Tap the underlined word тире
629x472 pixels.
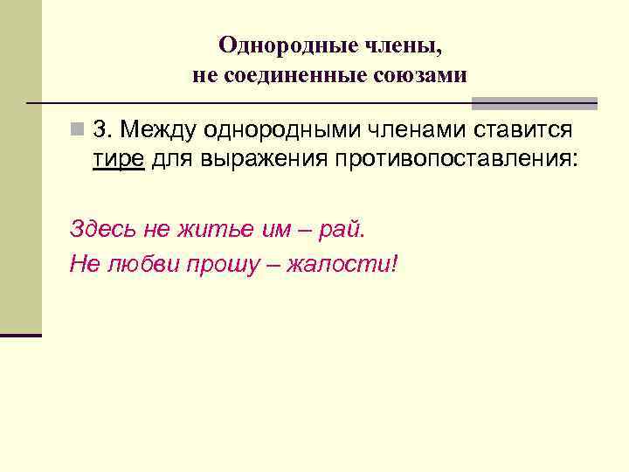tap(118, 160)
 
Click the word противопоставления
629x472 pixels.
tap(453, 160)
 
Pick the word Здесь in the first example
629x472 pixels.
tap(98, 230)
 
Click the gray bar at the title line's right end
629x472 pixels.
tap(568, 103)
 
